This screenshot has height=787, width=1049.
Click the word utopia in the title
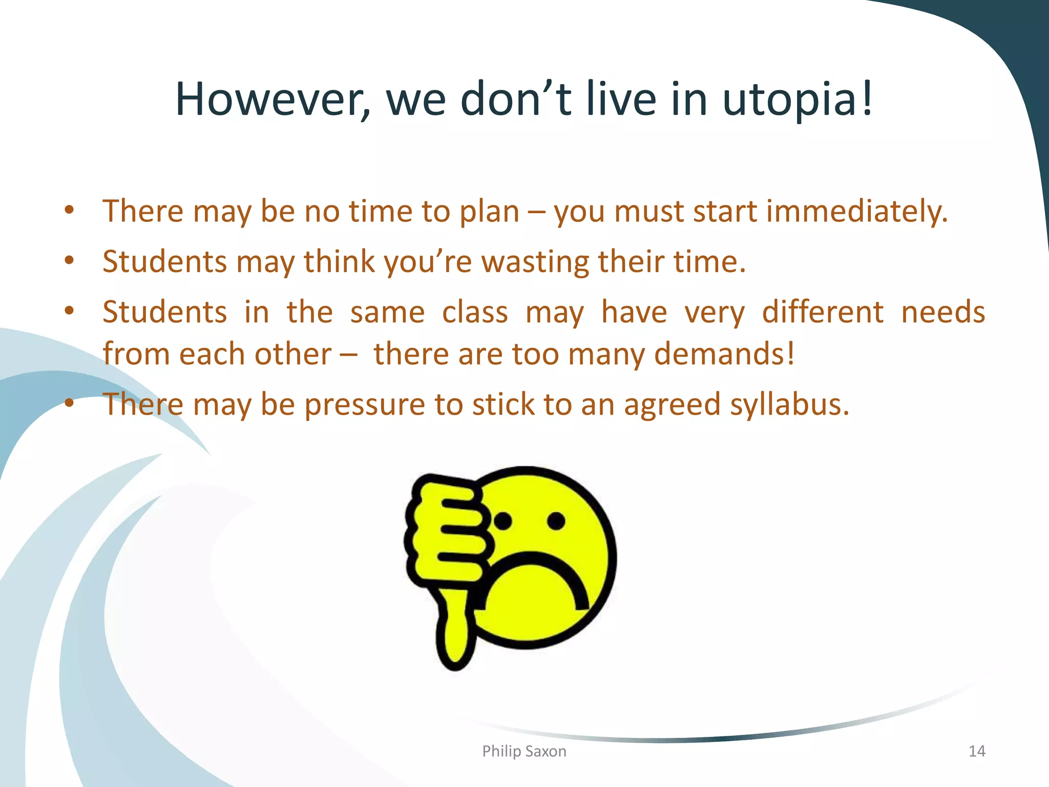tap(797, 100)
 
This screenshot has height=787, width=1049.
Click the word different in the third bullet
tap(823, 312)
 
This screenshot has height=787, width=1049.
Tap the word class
tap(475, 312)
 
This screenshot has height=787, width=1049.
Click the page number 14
tap(977, 751)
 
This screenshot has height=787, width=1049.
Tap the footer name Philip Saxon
tap(524, 751)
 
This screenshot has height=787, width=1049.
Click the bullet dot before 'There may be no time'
tap(70, 210)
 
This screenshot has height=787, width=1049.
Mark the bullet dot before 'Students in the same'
tap(70, 311)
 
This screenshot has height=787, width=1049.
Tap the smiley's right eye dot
tap(556, 521)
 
